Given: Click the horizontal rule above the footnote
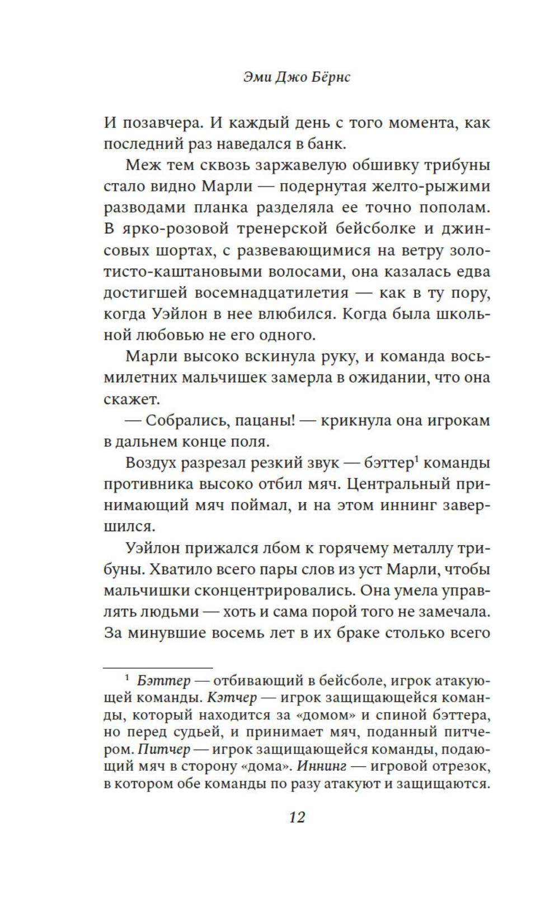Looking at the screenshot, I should pos(158,668).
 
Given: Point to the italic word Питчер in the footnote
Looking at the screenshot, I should pos(164,750).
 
